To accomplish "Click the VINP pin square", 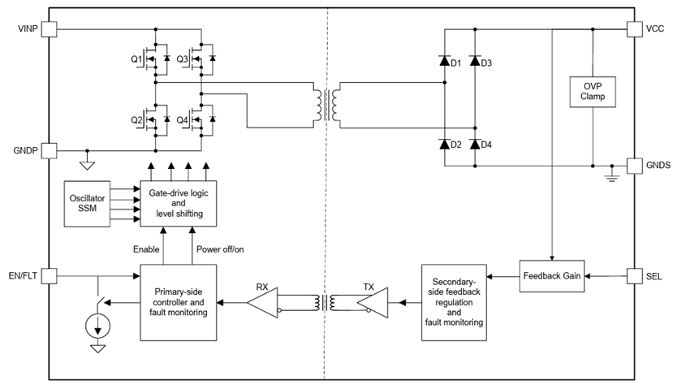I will click(49, 29).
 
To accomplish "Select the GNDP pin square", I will click(49, 150).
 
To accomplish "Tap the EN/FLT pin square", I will click(49, 276).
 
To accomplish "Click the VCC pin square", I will click(635, 29).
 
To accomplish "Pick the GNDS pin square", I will click(635, 165).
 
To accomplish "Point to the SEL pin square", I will click(635, 276).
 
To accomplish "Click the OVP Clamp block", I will click(593, 91).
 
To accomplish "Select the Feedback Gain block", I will click(554, 276).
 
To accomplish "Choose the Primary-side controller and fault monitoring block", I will click(179, 301).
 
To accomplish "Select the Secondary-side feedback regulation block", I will click(454, 301).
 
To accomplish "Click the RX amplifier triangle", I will click(264, 303).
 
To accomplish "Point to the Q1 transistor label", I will click(137, 59).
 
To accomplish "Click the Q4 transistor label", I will click(182, 121).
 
